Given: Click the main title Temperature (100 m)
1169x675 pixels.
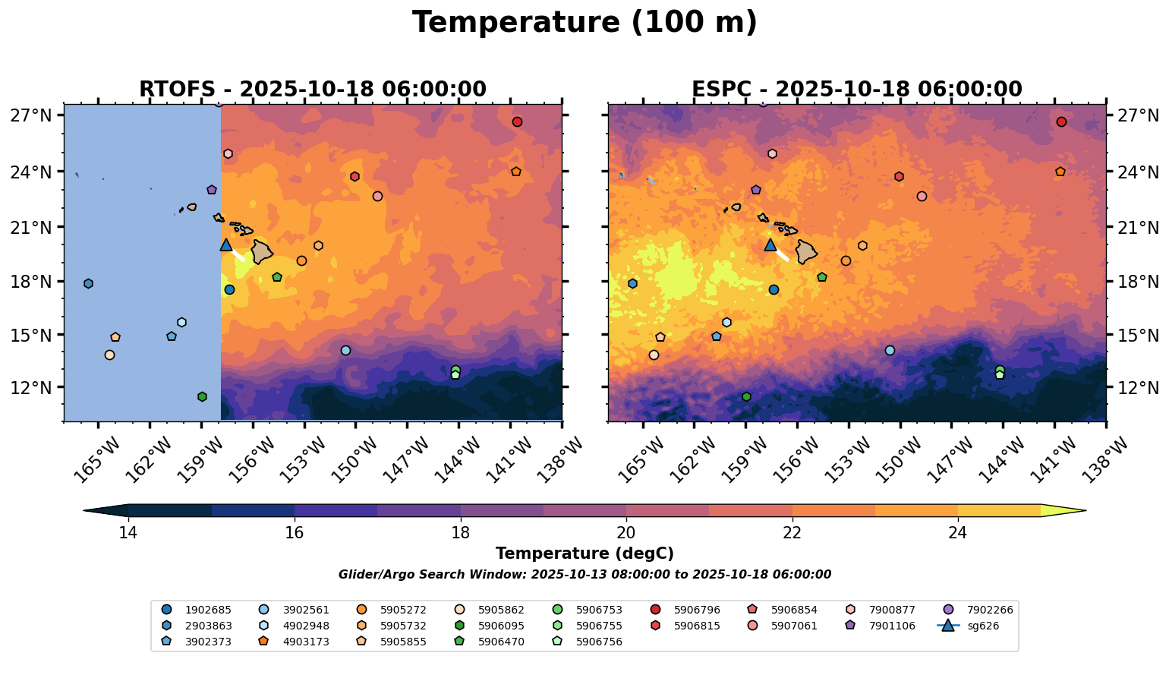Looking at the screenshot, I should pyautogui.click(x=584, y=23).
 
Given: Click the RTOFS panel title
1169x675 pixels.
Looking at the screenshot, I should pyautogui.click(x=312, y=90).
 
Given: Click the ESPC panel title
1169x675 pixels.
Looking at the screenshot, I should pyautogui.click(x=856, y=90).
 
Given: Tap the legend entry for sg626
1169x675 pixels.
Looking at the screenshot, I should pyautogui.click(x=972, y=626).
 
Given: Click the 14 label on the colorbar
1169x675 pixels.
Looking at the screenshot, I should pyautogui.click(x=128, y=533).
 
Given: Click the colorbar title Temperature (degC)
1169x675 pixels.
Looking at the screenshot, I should pyautogui.click(x=584, y=554).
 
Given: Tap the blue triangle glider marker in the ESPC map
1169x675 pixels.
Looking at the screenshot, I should pyautogui.click(x=770, y=244).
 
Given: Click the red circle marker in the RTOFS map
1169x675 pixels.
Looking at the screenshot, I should pyautogui.click(x=517, y=121).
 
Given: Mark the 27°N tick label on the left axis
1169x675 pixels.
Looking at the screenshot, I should pyautogui.click(x=31, y=115).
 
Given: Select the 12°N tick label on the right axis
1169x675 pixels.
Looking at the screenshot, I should pyautogui.click(x=1138, y=387).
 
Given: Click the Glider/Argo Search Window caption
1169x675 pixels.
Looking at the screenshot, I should pyautogui.click(x=584, y=575).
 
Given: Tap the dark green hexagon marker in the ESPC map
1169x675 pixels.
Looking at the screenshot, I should pyautogui.click(x=746, y=396).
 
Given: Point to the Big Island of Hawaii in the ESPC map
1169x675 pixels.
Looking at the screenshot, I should pyautogui.click(x=806, y=251).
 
